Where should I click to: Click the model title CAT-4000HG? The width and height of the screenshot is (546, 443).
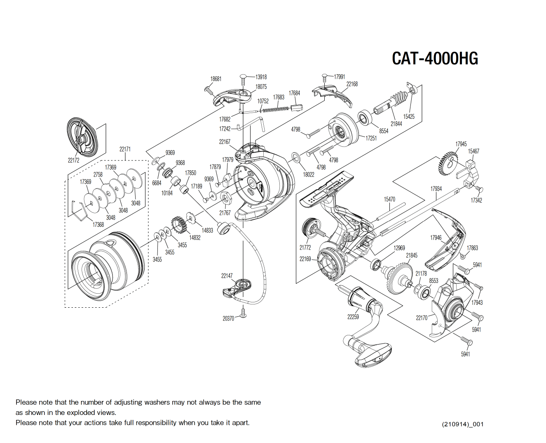coord(435,59)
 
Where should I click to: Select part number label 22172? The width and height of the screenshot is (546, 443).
coord(73,160)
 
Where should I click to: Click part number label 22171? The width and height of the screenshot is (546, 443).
coord(125,149)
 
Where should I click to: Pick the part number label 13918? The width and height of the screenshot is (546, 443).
coord(261,77)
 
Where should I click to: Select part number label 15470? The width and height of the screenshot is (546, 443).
coord(389,199)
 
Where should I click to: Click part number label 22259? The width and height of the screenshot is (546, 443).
coord(353,317)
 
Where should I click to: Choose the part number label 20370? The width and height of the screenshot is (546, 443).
coord(228,318)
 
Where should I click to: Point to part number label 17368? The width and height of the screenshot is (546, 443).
coord(98,224)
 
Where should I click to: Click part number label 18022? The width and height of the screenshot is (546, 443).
coord(309,174)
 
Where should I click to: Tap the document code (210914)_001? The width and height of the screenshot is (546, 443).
coord(463,424)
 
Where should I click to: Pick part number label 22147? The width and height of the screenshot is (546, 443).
coord(227,276)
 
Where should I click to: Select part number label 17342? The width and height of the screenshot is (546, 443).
coord(476,200)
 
